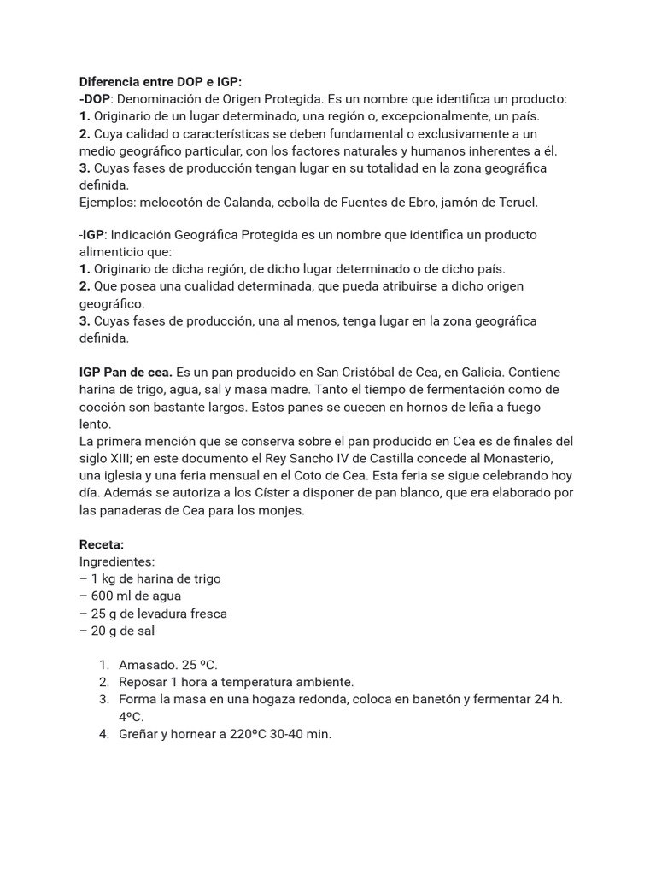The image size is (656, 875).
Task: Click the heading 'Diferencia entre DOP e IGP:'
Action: [161, 82]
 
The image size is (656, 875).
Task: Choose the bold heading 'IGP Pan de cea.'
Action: [126, 373]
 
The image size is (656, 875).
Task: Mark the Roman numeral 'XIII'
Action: [125, 459]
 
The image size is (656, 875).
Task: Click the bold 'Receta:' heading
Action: [102, 544]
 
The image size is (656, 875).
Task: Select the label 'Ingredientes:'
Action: [117, 561]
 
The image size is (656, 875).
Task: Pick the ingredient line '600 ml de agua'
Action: [136, 596]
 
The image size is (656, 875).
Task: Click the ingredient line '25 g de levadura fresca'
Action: [159, 614]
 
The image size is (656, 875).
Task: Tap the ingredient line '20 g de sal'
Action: [123, 631]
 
